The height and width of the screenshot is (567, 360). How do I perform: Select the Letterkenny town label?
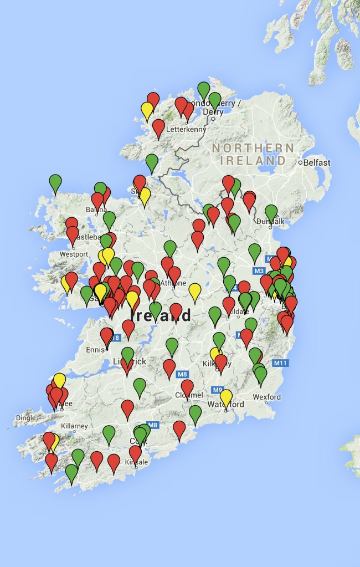188,130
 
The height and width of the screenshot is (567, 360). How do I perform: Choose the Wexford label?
266,397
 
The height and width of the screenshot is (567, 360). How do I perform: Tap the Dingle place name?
26,418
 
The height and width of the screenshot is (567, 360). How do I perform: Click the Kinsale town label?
137,462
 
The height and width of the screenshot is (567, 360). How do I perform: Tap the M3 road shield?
259,270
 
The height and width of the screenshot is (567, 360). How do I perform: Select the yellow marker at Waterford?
226,397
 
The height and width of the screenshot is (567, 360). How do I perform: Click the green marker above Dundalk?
271,212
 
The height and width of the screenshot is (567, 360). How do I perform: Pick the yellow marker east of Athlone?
194,290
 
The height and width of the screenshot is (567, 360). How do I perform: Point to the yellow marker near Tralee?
59,380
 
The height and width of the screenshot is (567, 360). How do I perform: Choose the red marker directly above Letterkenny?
158,127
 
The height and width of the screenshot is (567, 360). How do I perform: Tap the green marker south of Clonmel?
195,413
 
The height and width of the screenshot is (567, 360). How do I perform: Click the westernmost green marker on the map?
55,182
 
